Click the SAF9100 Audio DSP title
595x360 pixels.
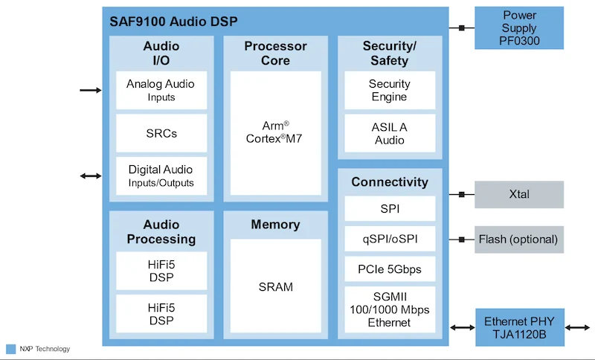[173, 22]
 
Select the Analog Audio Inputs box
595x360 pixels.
[161, 90]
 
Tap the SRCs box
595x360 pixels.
[161, 134]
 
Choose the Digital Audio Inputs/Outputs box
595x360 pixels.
[161, 176]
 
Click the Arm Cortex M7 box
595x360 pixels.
[276, 132]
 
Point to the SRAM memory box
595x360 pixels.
[276, 286]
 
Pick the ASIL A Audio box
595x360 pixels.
[389, 134]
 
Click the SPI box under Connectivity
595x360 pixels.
[389, 209]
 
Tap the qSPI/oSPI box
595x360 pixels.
[389, 239]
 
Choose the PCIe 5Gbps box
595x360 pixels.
[389, 269]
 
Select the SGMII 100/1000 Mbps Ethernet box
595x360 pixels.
[389, 309]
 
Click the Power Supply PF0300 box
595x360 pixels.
[519, 28]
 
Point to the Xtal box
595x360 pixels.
[519, 194]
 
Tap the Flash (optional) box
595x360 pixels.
[519, 239]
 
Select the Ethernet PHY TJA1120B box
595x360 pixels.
[519, 327]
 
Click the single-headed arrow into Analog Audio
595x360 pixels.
[90, 90]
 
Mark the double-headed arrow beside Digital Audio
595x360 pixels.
[90, 176]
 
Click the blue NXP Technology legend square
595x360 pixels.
[10, 349]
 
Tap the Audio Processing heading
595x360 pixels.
[161, 231]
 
